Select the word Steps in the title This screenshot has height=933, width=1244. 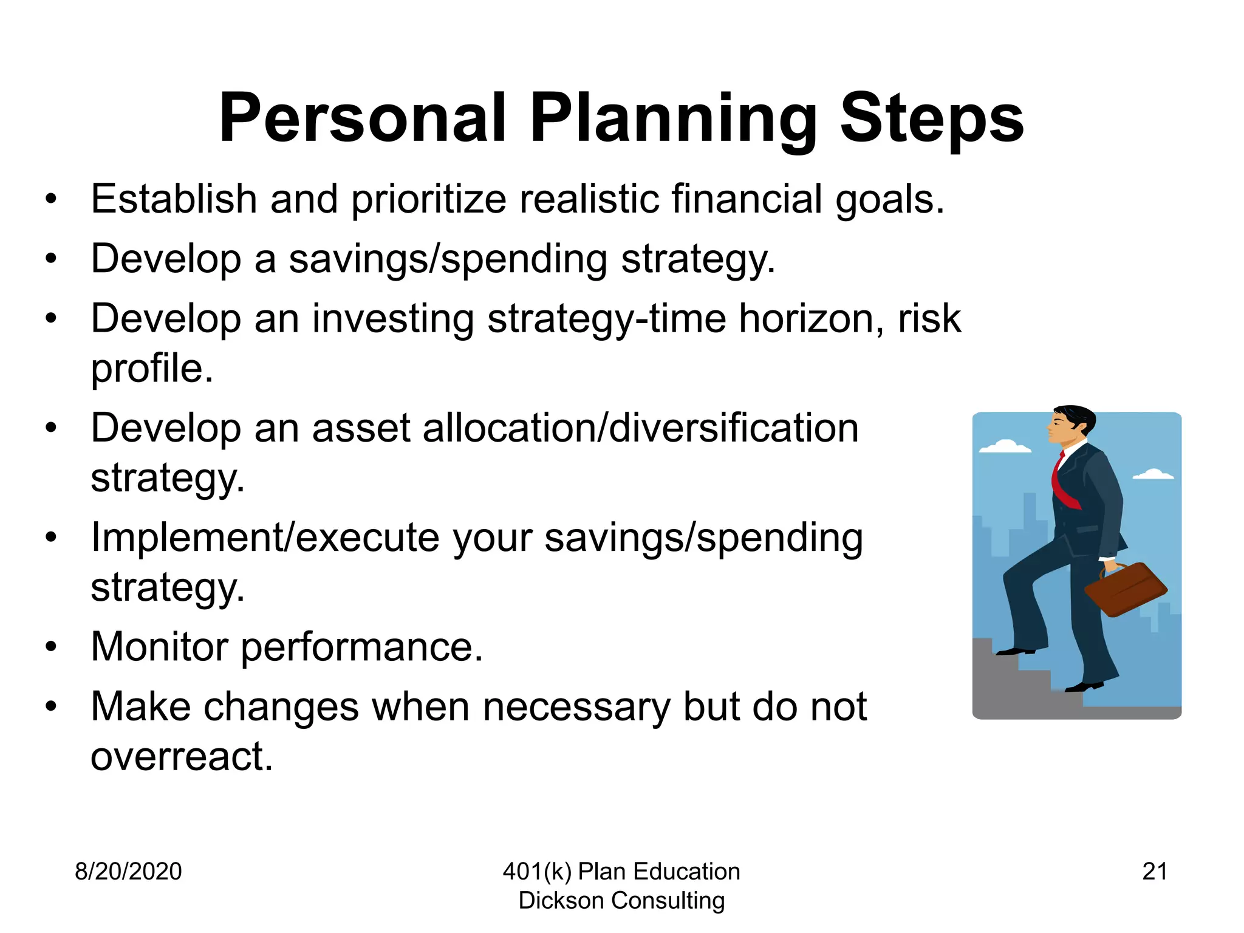point(932,118)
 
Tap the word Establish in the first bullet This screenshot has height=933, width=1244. point(174,199)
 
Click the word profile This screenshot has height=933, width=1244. point(152,369)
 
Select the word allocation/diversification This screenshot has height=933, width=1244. point(640,428)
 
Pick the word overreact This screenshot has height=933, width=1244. point(182,757)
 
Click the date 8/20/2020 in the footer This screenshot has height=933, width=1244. point(128,872)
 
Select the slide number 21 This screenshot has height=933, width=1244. point(1154,872)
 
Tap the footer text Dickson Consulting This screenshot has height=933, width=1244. point(621,901)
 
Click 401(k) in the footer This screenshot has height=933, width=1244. point(537,872)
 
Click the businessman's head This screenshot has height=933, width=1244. point(1071,425)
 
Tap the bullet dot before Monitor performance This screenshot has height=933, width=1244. point(51,647)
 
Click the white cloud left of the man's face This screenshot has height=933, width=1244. point(1005,446)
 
